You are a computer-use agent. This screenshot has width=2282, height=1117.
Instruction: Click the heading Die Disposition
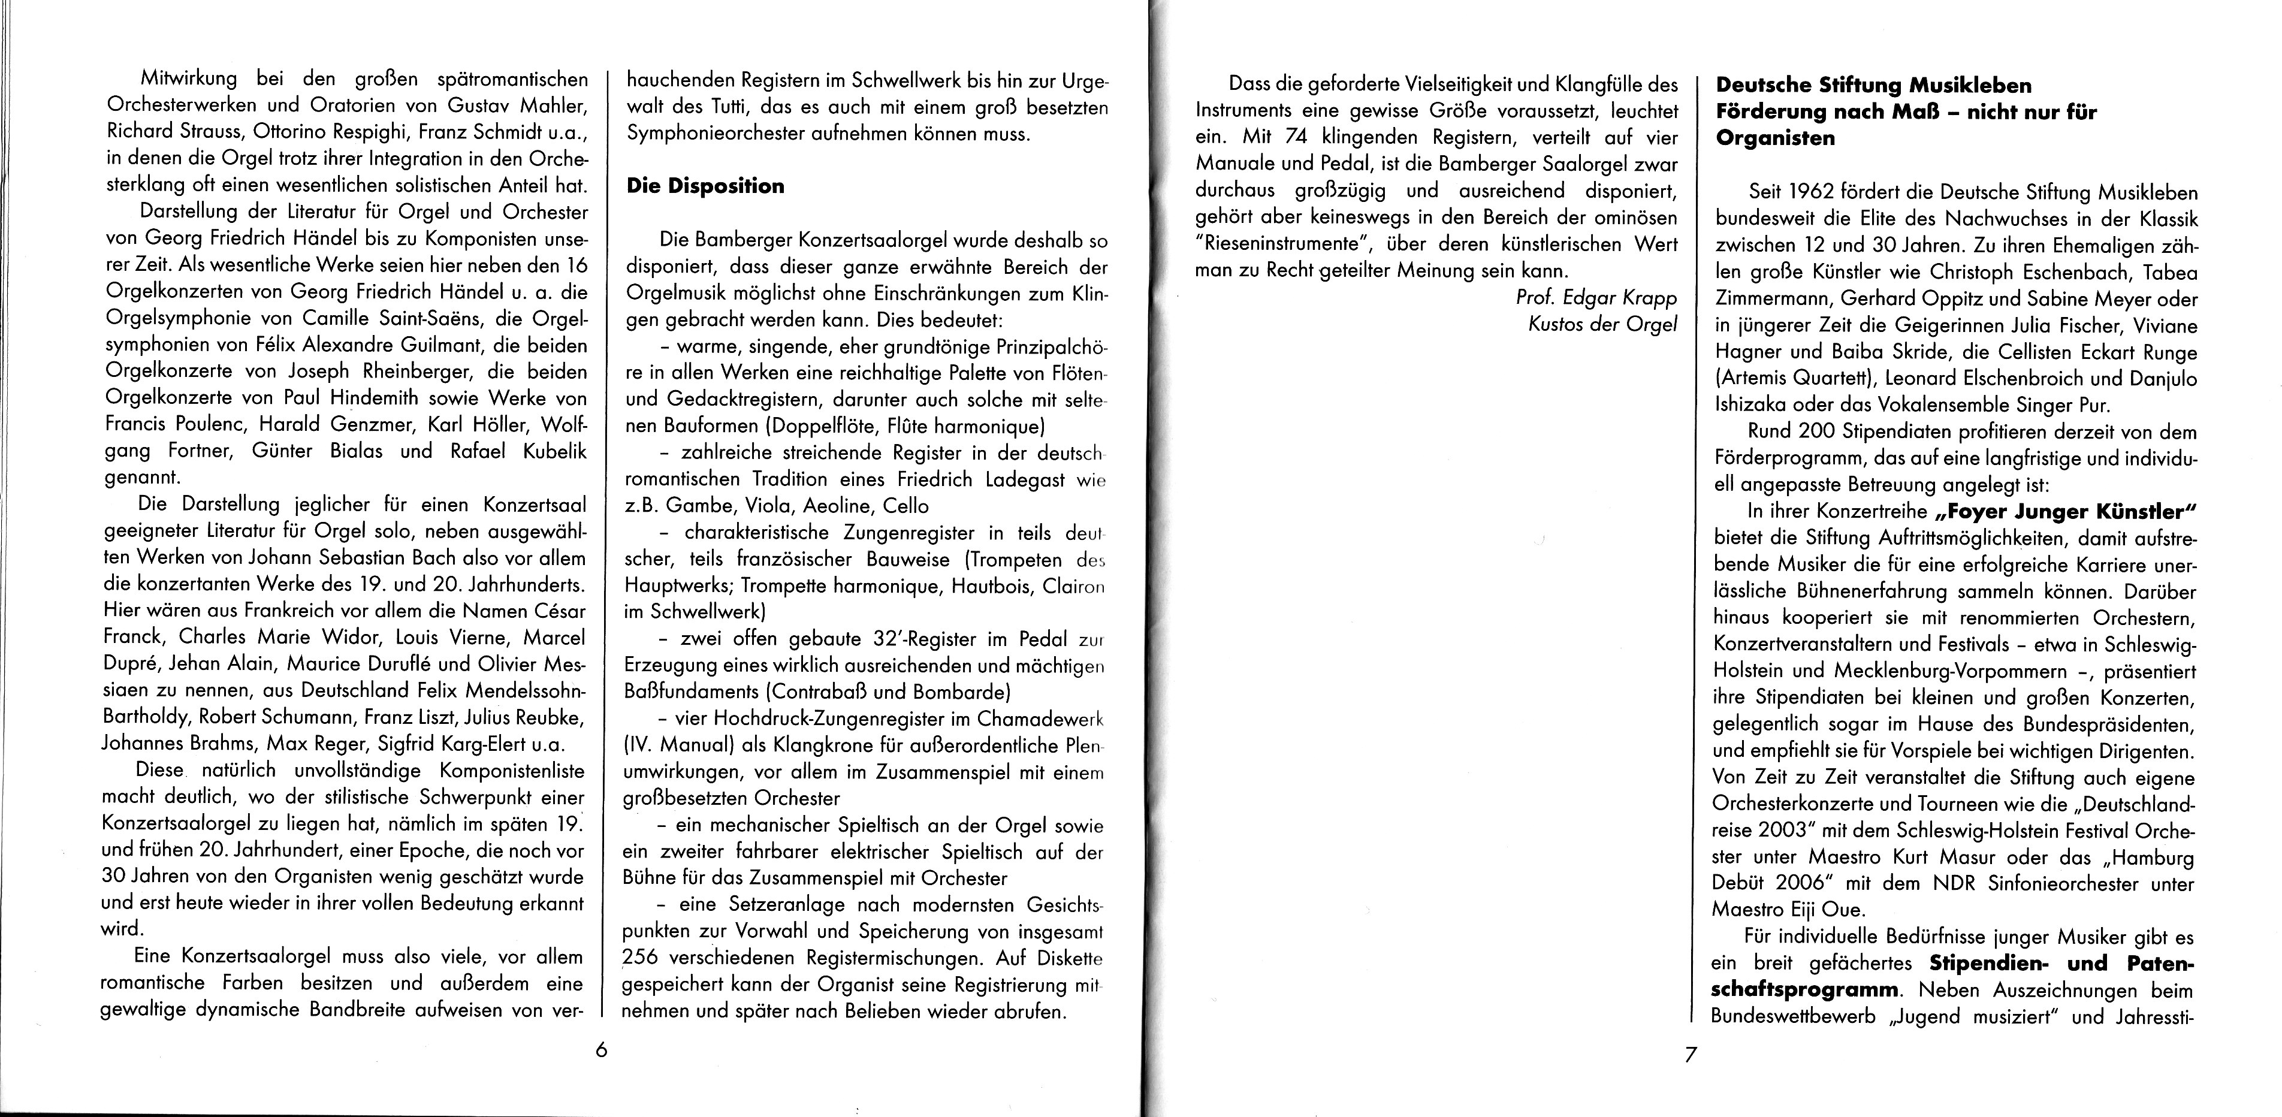[705, 186]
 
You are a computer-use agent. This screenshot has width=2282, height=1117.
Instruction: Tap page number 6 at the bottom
[600, 1050]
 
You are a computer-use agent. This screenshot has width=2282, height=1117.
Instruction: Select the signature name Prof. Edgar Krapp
[1597, 298]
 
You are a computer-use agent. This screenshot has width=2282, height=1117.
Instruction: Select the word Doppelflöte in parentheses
[831, 426]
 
